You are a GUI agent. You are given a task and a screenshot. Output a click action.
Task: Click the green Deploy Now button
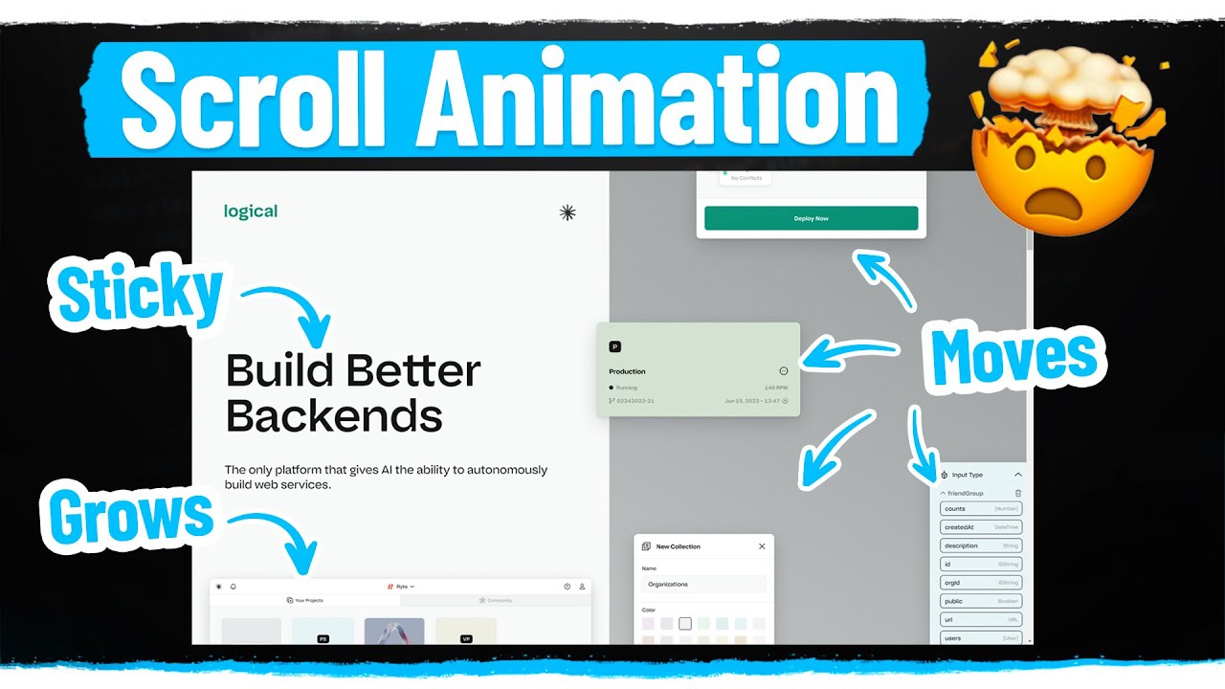click(x=811, y=218)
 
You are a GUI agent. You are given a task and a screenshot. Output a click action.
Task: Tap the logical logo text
click(x=251, y=211)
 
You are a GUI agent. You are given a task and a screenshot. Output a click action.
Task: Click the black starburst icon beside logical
click(x=568, y=212)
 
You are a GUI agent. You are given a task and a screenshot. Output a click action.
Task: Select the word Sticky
click(x=140, y=294)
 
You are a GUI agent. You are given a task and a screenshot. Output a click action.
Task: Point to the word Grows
click(x=131, y=518)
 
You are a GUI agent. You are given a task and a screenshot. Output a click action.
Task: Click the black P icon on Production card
click(x=615, y=346)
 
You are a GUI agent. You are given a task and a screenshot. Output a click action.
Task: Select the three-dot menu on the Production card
click(x=784, y=371)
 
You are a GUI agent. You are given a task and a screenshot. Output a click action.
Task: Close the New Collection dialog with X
click(x=762, y=546)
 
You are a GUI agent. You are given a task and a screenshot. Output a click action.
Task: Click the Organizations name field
click(x=703, y=584)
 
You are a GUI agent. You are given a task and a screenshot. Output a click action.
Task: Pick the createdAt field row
click(x=981, y=527)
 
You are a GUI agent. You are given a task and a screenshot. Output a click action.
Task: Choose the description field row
click(x=981, y=545)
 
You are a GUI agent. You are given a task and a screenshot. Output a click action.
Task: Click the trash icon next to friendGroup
click(x=1017, y=493)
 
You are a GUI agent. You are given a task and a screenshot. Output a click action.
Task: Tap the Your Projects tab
click(x=305, y=600)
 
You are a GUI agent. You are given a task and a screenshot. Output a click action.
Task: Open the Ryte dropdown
click(x=401, y=586)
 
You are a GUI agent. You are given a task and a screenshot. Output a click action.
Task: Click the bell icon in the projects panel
click(x=234, y=586)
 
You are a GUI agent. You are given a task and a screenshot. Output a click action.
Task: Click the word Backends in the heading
click(x=334, y=416)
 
